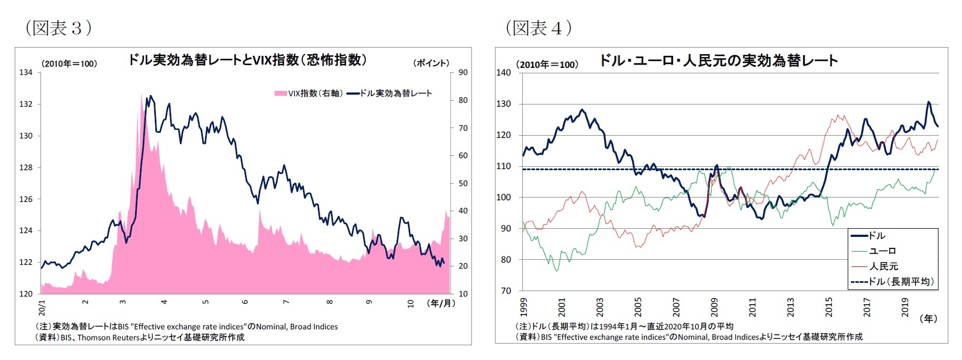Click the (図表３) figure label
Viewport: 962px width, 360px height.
point(58,28)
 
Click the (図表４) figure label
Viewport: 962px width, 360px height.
point(539,28)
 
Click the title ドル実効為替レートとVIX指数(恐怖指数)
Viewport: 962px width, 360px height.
point(247,60)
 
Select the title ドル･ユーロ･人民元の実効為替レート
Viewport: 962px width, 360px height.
point(718,60)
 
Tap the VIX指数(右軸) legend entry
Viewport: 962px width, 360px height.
point(310,94)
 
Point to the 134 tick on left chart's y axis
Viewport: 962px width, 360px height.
point(26,72)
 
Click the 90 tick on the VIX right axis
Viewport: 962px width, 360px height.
point(463,72)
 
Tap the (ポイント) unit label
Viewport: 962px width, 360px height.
point(431,63)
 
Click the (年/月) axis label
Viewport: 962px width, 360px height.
point(441,303)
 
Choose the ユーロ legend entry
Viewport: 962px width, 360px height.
point(882,251)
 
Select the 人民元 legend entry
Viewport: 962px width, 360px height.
point(884,266)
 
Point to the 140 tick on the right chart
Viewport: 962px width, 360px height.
point(503,73)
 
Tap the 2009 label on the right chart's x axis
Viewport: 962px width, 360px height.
point(714,307)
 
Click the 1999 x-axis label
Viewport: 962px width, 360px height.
point(523,307)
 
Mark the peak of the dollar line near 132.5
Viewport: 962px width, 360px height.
point(151,96)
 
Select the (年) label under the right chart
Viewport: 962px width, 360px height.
point(928,318)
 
